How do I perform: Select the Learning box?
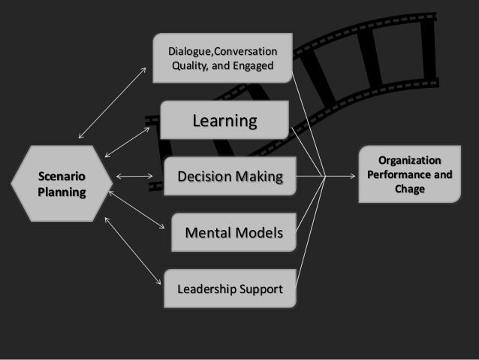tap(225, 120)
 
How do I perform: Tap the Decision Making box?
tap(229, 177)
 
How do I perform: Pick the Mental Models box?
tap(233, 234)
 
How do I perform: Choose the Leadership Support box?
tap(230, 288)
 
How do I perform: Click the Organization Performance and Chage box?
tap(409, 175)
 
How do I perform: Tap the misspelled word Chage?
tap(409, 189)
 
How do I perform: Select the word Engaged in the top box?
tap(251, 65)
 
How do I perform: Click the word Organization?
tap(410, 160)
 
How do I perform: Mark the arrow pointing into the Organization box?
tap(342, 177)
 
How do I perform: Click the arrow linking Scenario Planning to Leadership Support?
tap(133, 251)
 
